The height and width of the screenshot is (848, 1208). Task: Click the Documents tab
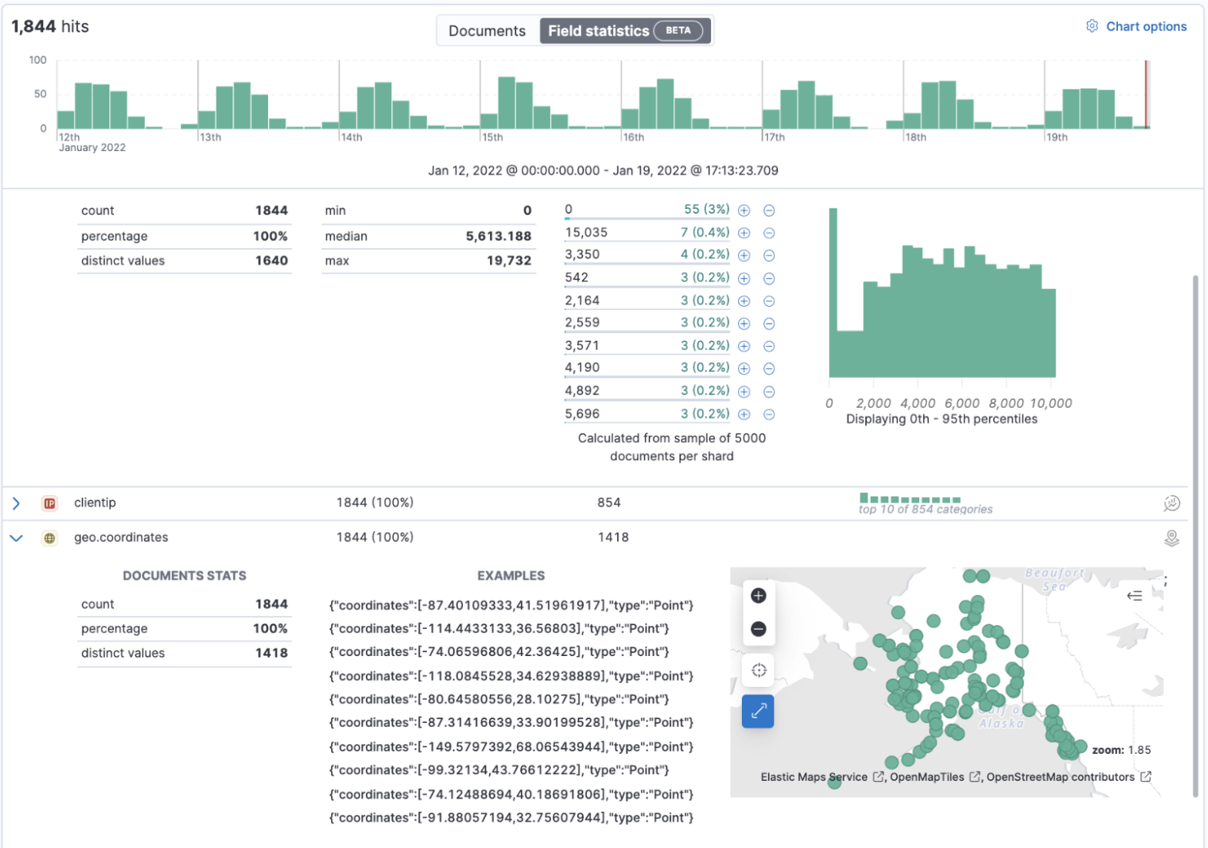(x=487, y=31)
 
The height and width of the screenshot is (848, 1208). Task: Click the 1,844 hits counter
(x=50, y=26)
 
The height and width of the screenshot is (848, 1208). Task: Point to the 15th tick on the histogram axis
(x=492, y=137)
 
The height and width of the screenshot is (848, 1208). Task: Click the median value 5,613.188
(x=498, y=236)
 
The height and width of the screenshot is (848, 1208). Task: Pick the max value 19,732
(x=508, y=261)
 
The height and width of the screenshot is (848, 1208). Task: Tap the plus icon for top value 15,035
(x=744, y=233)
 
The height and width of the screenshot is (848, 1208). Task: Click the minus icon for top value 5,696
(x=769, y=415)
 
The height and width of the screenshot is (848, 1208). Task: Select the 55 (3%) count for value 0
(x=706, y=210)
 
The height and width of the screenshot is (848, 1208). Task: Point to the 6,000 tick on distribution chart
(x=961, y=403)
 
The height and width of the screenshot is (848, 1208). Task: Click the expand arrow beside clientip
(x=16, y=503)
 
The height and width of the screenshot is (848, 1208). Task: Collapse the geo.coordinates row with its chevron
(x=16, y=538)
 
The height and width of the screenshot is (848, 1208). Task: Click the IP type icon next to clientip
(x=49, y=503)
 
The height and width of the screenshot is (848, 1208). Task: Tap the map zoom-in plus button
(x=758, y=596)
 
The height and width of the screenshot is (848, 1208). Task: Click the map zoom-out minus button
(x=758, y=629)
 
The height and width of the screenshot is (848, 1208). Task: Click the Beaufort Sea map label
(x=1054, y=580)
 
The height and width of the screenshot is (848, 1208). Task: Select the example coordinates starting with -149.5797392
(x=511, y=747)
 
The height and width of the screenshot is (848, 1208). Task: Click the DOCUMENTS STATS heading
(x=184, y=576)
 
